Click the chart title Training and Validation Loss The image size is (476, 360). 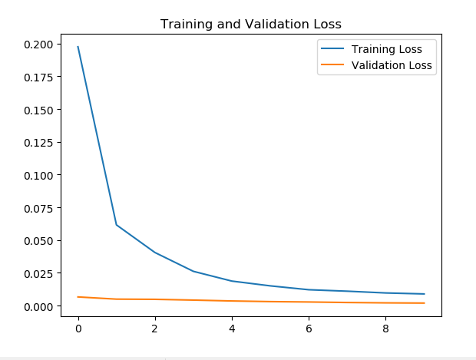(250, 24)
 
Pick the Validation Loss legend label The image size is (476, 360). (392, 66)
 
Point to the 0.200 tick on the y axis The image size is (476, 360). (38, 45)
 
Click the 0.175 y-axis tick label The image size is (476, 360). (38, 78)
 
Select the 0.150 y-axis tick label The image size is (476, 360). (38, 110)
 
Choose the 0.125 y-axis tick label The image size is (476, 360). (38, 143)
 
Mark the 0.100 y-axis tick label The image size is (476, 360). (38, 175)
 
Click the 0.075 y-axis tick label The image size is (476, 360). (38, 208)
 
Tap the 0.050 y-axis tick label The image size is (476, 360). (38, 241)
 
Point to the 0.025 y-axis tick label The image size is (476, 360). (38, 273)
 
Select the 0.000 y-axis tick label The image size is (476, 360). (38, 306)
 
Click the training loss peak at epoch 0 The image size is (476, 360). (78, 47)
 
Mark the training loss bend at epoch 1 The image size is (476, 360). (116, 225)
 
